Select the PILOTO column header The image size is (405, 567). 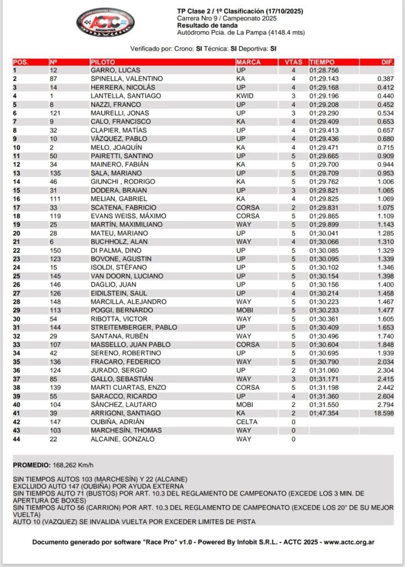[103, 62]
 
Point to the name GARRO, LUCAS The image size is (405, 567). [115, 70]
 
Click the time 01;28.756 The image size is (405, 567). [326, 70]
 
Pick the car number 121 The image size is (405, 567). [56, 114]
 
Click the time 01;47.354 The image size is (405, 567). [326, 413]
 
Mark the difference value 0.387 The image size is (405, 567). [385, 79]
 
